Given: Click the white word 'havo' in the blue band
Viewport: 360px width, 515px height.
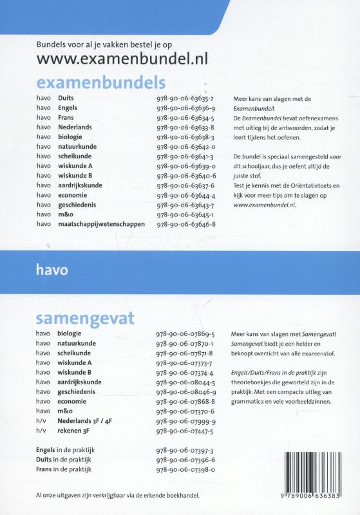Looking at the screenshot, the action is pos(53,270).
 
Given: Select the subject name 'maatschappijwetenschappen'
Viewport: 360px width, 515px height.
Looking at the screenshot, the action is pos(101,224).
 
